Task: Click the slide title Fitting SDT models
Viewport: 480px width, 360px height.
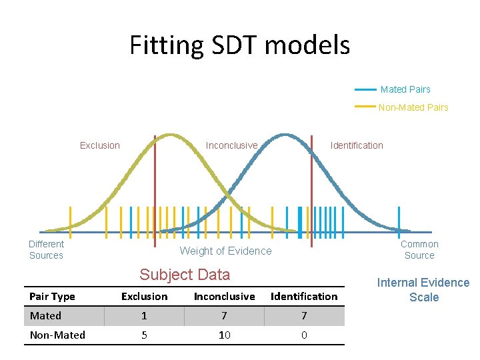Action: pos(239,45)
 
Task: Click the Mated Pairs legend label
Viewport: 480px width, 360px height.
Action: pos(405,89)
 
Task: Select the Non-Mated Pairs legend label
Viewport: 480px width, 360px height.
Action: pos(413,107)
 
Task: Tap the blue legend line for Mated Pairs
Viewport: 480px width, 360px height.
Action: pos(365,89)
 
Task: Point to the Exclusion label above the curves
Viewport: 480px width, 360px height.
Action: pos(100,145)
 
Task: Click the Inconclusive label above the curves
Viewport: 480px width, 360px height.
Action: pos(231,145)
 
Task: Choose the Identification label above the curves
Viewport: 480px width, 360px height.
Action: pos(357,145)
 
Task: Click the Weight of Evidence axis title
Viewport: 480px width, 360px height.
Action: pos(226,251)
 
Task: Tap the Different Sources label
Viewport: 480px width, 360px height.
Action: pos(46,249)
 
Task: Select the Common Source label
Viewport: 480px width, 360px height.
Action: pos(419,249)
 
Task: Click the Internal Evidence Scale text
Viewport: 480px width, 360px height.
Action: pos(423,290)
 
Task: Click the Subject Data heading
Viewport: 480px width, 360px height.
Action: pos(185,275)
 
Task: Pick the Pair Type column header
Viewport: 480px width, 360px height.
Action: pos(53,297)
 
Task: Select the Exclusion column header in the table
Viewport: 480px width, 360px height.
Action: pos(144,297)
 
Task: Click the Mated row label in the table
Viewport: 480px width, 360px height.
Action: pos(45,316)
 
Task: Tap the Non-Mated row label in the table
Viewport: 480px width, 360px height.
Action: pos(57,335)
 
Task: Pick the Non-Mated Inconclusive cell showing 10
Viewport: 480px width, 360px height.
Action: pos(225,335)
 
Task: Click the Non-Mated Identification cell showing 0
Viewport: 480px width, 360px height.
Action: pos(304,335)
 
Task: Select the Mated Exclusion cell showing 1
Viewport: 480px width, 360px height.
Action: pos(144,316)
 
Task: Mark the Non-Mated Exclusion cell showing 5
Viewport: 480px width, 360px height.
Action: pos(144,335)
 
